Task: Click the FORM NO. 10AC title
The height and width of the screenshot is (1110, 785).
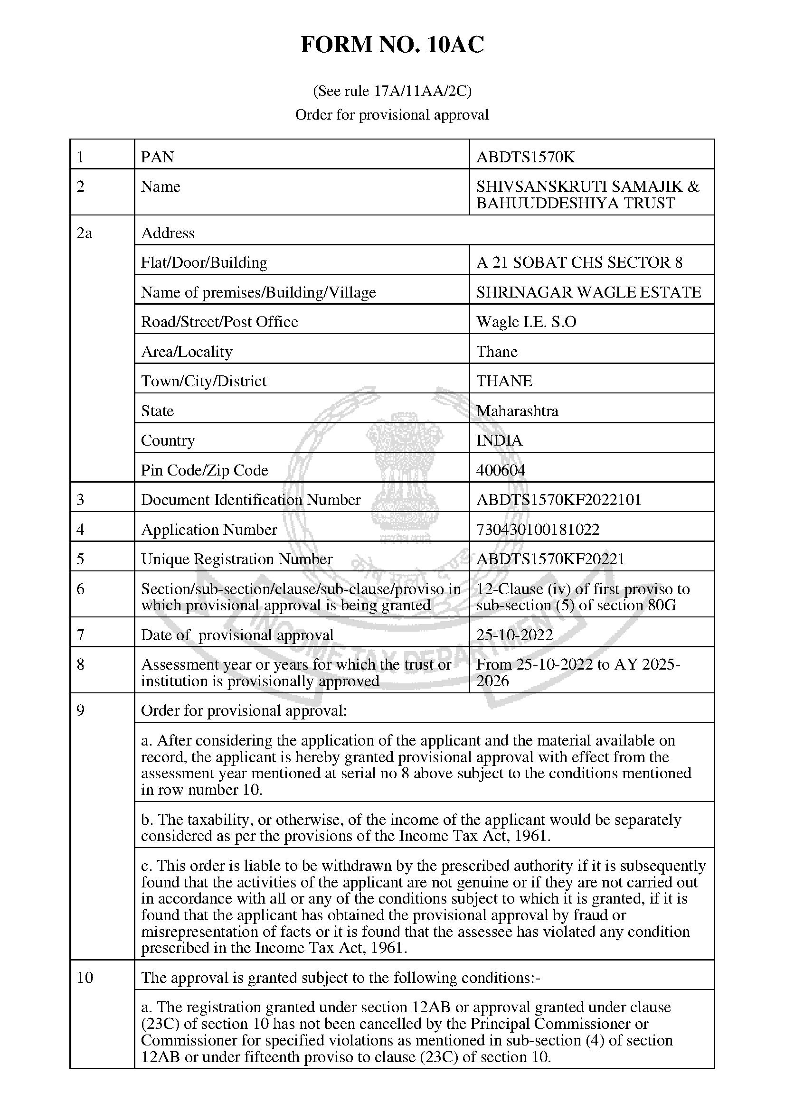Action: click(392, 45)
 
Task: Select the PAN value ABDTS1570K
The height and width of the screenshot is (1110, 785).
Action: click(525, 157)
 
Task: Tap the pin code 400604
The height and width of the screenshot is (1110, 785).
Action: click(501, 470)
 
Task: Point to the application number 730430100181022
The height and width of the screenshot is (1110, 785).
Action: click(538, 530)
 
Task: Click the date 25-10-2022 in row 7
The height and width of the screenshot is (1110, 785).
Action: click(515, 634)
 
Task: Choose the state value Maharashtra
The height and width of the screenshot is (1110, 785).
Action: click(517, 411)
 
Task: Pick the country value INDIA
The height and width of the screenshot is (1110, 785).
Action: click(499, 440)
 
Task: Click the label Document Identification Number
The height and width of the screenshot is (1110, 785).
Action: click(251, 499)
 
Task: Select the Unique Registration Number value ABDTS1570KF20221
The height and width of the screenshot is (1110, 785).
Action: click(550, 559)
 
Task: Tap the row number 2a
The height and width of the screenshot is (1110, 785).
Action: click(84, 233)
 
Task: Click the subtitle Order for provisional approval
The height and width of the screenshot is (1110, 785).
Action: click(392, 114)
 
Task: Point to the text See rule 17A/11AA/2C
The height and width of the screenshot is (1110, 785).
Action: click(392, 91)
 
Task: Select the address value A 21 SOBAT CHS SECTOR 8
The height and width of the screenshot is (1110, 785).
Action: click(579, 262)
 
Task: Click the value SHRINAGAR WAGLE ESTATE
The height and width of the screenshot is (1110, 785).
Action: click(588, 292)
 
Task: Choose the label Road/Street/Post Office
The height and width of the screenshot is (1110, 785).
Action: click(219, 321)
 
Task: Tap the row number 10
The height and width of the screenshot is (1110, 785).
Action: click(85, 978)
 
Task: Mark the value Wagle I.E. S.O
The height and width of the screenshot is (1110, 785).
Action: click(526, 321)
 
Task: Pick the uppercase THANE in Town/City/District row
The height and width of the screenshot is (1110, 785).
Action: click(504, 381)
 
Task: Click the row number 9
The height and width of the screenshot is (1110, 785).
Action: click(81, 710)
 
